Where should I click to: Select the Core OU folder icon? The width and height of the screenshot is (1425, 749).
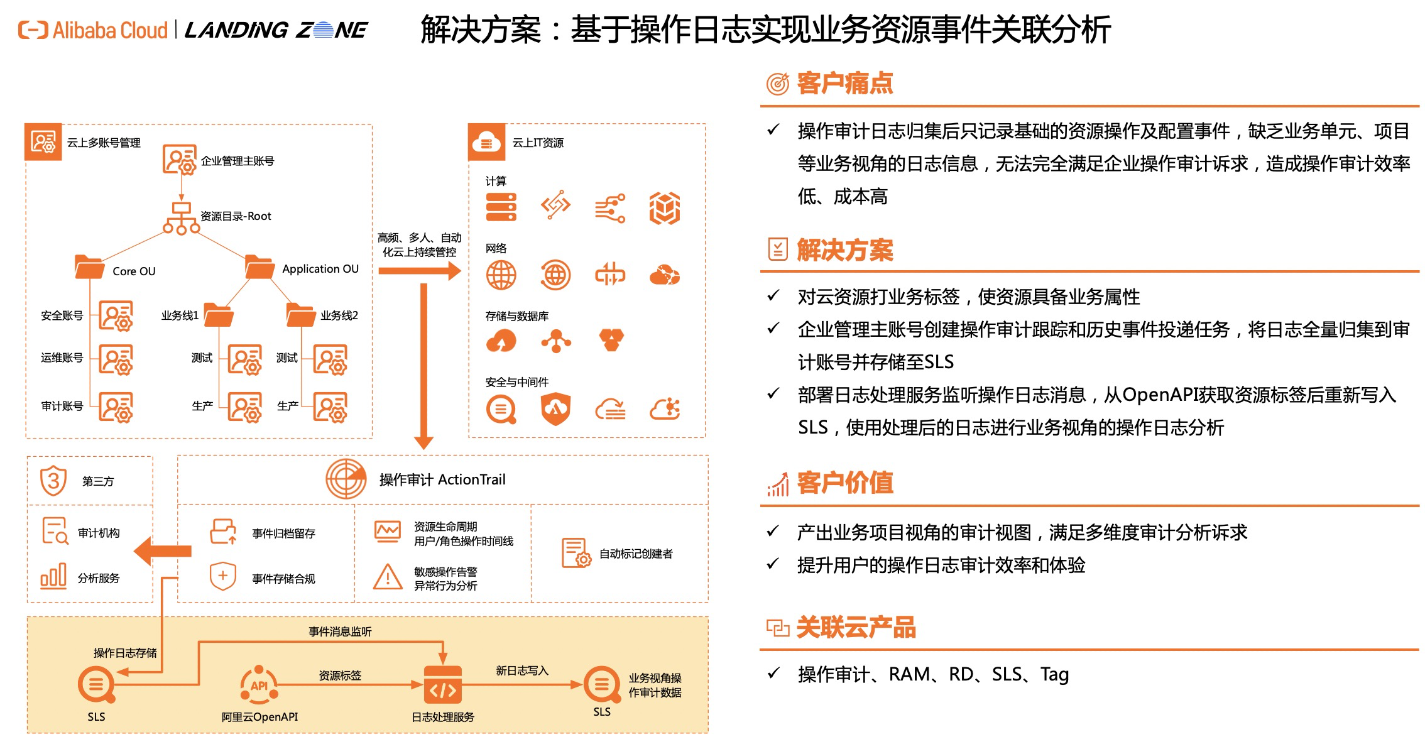coord(89,267)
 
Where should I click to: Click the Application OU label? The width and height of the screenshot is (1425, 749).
coord(320,269)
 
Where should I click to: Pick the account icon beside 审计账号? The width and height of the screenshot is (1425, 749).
coord(116,407)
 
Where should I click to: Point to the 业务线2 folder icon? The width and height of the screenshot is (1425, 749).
coord(300,315)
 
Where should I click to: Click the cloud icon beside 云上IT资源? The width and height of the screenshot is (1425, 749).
coord(486,143)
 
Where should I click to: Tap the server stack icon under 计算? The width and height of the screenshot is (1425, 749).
coord(501,207)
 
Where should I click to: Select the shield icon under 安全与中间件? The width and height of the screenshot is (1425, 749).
coord(555,409)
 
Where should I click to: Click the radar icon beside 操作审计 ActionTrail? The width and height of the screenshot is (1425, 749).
coord(346,479)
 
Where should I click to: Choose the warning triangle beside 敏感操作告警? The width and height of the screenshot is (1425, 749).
coord(388,577)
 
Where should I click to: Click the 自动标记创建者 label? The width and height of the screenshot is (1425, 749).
coord(636,554)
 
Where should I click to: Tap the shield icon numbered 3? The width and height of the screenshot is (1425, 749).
coord(53,481)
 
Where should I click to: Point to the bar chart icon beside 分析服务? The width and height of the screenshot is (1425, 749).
coord(53,576)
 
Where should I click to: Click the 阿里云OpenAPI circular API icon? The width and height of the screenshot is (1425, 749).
coord(259,685)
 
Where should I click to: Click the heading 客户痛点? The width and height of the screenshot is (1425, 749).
coord(844,84)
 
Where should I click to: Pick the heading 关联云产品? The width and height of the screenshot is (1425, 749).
coord(856,627)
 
